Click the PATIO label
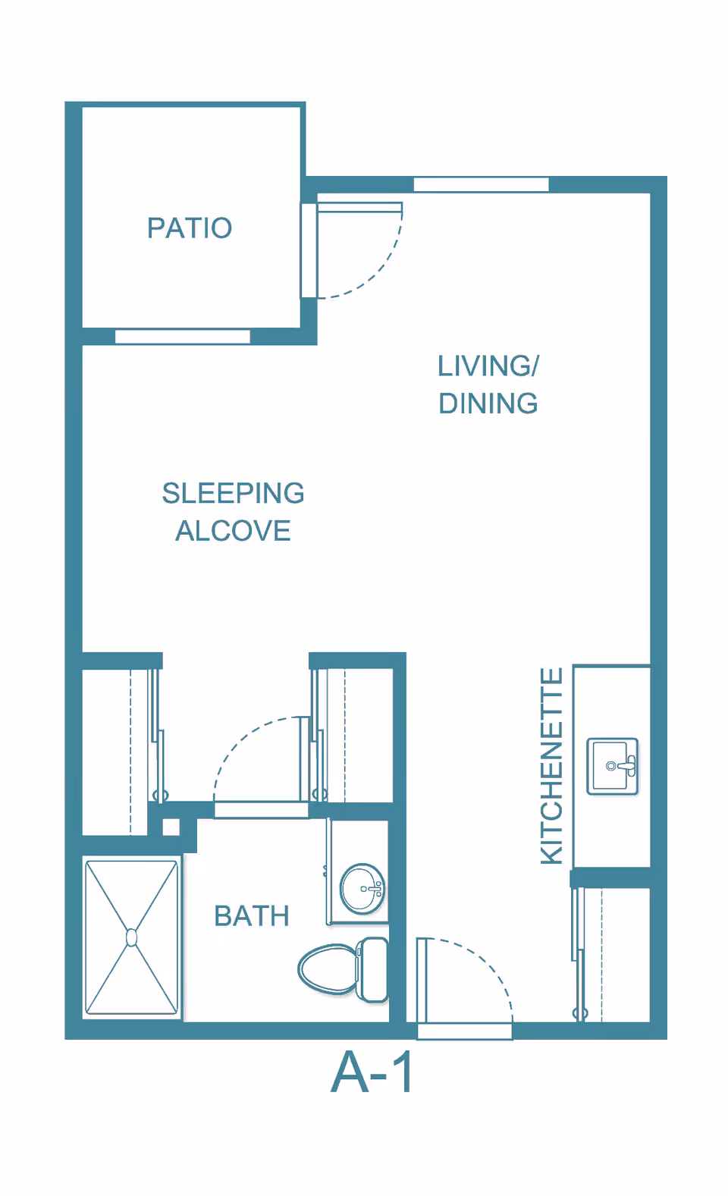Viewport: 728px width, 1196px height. (x=190, y=228)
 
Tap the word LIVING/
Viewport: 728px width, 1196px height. (x=488, y=366)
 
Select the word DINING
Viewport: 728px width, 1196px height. (x=488, y=403)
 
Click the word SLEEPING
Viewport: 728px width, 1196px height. (x=234, y=493)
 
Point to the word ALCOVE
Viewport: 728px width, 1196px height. (x=234, y=531)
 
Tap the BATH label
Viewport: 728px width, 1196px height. (x=251, y=916)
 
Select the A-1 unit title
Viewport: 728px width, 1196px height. (x=372, y=1073)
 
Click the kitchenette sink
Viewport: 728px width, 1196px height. (x=612, y=766)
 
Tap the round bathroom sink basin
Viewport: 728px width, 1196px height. (x=362, y=889)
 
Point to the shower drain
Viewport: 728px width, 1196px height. (x=131, y=937)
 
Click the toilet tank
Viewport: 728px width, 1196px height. (x=372, y=969)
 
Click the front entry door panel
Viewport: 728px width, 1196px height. (x=422, y=981)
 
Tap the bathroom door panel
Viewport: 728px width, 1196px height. (x=305, y=758)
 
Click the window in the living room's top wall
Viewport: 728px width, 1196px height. (x=482, y=185)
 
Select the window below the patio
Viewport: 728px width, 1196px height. (x=183, y=337)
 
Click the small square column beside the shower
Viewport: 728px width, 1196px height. (x=171, y=827)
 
